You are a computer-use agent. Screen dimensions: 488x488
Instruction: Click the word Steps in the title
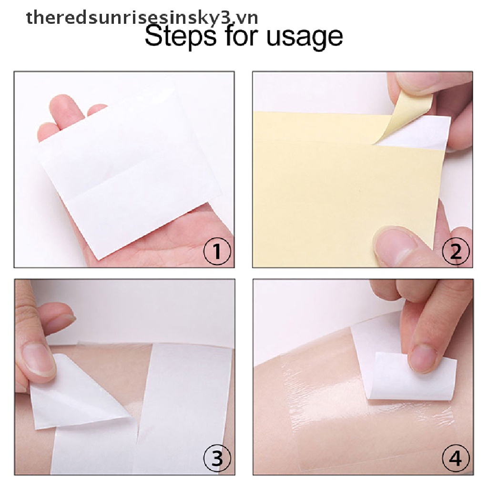175,37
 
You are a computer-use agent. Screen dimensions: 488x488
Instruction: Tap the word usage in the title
304,37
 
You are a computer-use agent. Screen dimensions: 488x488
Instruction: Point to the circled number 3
217,459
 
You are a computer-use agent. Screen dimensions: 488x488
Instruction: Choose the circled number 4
456,459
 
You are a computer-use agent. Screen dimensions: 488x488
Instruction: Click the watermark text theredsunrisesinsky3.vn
142,18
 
